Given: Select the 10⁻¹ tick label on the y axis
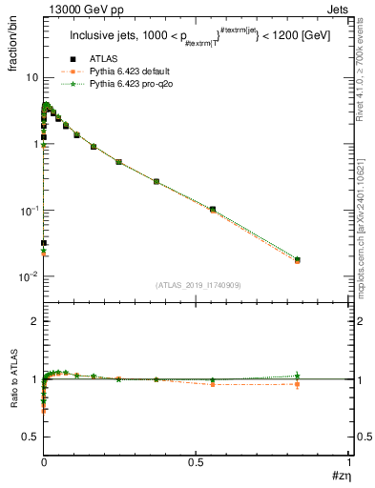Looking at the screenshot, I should click(x=29, y=210).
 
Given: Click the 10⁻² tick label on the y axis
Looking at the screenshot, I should click(x=29, y=276).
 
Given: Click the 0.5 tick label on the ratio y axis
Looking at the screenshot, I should click(x=31, y=437).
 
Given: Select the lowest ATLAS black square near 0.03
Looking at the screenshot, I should click(x=44, y=243).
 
